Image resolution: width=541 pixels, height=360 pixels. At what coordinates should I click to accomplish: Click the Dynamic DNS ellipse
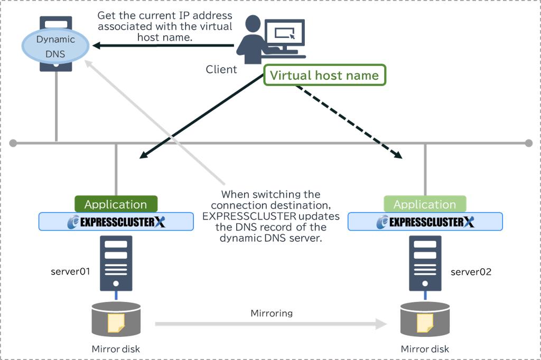[55, 46]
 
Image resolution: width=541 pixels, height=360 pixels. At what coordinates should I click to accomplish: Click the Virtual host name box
[324, 75]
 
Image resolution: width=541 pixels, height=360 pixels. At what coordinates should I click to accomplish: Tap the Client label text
[221, 69]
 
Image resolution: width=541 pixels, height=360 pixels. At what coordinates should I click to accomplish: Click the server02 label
[471, 272]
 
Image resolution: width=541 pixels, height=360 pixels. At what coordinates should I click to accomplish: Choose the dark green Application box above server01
[116, 204]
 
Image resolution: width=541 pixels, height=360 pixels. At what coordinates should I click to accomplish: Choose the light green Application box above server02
[425, 204]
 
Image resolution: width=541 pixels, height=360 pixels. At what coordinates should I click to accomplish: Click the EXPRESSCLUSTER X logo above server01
[116, 222]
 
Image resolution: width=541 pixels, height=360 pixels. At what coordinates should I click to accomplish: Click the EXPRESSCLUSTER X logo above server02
[425, 222]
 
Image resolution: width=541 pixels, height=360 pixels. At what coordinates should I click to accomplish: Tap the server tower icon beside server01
[116, 263]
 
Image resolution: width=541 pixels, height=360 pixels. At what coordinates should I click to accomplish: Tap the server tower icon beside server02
[425, 263]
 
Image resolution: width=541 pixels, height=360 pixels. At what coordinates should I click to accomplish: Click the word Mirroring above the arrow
[272, 313]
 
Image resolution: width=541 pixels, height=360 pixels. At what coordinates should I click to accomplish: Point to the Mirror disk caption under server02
[425, 349]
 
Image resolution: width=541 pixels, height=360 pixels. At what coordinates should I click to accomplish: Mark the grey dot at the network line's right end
[529, 143]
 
